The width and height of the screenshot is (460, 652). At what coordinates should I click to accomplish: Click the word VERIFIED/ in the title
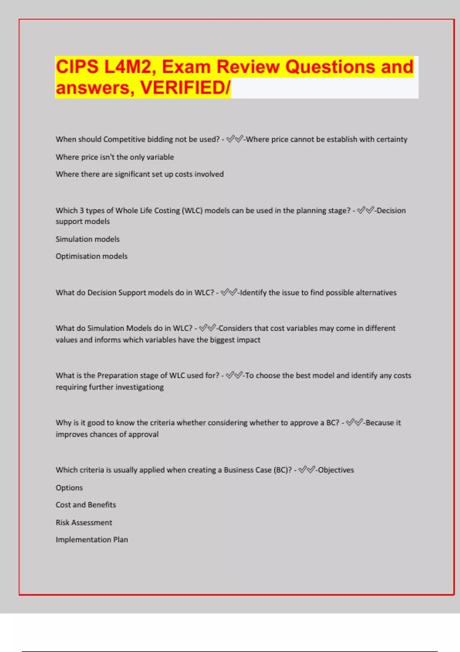(185, 87)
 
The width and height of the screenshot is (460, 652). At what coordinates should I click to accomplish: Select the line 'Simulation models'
(87, 239)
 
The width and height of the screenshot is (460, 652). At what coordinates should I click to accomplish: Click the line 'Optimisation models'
(91, 256)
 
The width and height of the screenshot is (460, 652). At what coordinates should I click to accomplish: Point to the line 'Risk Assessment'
(84, 522)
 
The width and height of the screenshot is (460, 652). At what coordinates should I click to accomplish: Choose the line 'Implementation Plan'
(92, 540)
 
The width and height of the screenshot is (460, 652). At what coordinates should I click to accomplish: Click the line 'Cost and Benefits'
(85, 505)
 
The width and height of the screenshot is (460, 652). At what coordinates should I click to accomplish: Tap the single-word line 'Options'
(69, 488)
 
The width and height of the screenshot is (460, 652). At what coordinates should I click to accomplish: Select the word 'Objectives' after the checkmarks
(336, 470)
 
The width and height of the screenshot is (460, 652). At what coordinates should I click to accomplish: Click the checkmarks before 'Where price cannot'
(235, 139)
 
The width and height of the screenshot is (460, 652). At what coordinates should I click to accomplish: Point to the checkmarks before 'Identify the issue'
(229, 293)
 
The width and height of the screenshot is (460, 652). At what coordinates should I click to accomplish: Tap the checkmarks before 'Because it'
(354, 423)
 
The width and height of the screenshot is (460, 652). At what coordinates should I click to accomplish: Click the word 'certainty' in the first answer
(391, 139)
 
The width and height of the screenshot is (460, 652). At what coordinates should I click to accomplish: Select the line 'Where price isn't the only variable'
(115, 157)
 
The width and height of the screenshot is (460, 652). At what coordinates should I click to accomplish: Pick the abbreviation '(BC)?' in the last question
(283, 470)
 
